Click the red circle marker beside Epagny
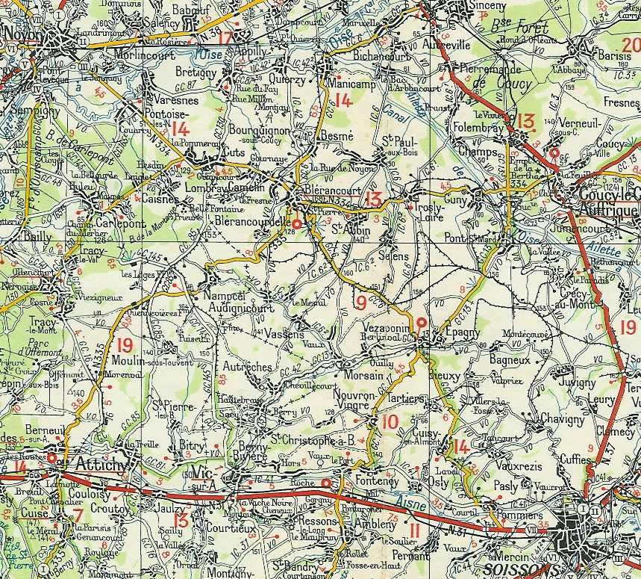(422, 323)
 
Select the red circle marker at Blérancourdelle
(296, 223)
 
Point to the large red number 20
(631, 46)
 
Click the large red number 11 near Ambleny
(415, 531)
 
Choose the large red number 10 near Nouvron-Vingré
(390, 422)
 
